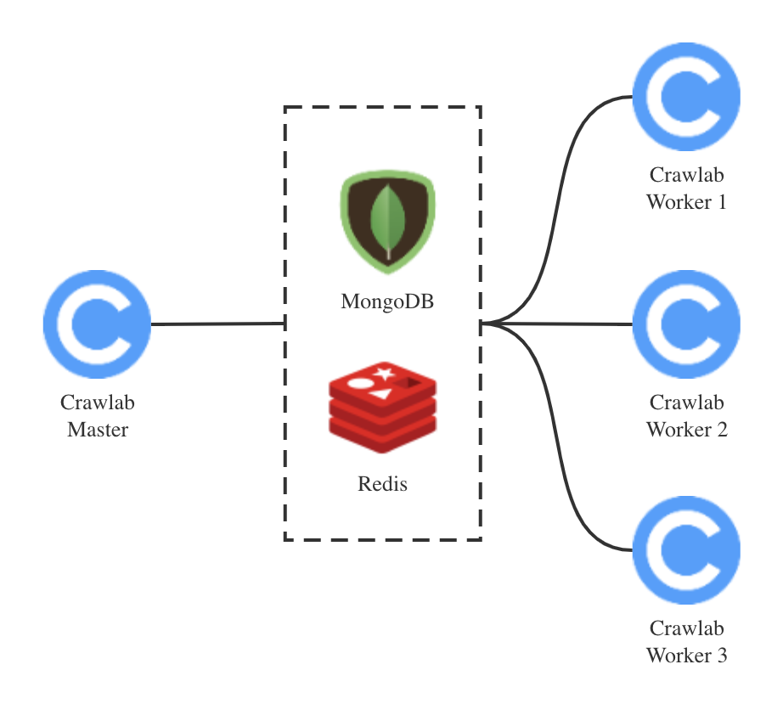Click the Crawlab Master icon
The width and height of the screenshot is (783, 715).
tap(97, 324)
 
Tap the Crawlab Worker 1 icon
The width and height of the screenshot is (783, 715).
tap(686, 97)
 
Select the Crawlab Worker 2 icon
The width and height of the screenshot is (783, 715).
tap(686, 324)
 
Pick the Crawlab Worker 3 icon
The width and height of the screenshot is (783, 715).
tap(686, 550)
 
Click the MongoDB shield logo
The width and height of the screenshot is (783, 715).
tap(387, 222)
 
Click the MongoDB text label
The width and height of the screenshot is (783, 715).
tap(387, 301)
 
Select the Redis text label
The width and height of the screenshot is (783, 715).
tap(382, 484)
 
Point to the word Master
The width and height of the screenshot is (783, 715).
tap(98, 429)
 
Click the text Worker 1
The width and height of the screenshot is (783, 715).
tap(686, 202)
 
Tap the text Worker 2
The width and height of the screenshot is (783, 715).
tap(686, 429)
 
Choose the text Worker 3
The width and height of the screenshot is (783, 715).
tap(686, 656)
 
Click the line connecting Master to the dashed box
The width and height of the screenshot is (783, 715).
tap(217, 324)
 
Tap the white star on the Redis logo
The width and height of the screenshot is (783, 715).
tap(385, 373)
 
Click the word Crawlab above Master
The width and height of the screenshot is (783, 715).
tap(98, 403)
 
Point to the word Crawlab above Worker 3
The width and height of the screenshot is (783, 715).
tap(686, 628)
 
